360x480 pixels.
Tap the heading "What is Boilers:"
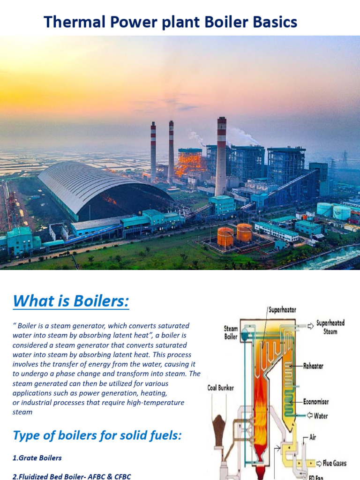click(71, 300)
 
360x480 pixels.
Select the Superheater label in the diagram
click(282, 310)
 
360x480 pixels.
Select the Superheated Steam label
click(330, 327)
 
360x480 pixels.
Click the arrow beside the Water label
click(310, 415)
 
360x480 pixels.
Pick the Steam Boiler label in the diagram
click(231, 332)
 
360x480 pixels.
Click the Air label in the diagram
click(313, 438)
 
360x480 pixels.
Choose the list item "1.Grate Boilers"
click(37, 457)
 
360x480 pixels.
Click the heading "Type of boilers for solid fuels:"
click(97, 435)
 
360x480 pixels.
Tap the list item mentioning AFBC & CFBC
click(72, 476)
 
